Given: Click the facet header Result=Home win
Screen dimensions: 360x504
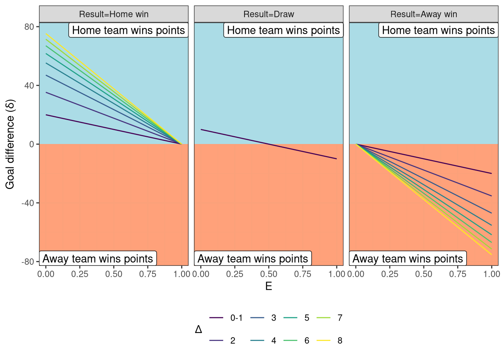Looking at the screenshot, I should (114, 14).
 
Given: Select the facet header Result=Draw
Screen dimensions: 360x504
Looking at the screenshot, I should (268, 14).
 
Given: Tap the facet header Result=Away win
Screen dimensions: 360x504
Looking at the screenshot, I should (423, 14).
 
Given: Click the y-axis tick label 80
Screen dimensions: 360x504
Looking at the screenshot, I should (30, 27).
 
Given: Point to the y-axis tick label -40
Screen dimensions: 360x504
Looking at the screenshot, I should (28, 203).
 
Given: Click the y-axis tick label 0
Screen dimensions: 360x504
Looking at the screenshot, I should (32, 144).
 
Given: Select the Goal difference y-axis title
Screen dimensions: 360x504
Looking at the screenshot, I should (10, 144).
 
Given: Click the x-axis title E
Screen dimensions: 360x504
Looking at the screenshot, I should (268, 286).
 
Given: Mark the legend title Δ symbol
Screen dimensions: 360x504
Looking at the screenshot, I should (198, 329).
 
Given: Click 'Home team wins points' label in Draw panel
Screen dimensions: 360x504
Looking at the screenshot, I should (283, 30).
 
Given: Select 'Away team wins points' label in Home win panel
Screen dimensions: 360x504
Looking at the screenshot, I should (98, 259).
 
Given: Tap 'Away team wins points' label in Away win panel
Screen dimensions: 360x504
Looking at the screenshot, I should (408, 259).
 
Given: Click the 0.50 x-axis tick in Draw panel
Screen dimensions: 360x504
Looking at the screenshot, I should (268, 274).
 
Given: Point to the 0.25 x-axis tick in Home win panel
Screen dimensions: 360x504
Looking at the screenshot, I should (80, 274).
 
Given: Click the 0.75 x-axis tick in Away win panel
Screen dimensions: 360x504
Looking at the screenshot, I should (457, 274).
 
